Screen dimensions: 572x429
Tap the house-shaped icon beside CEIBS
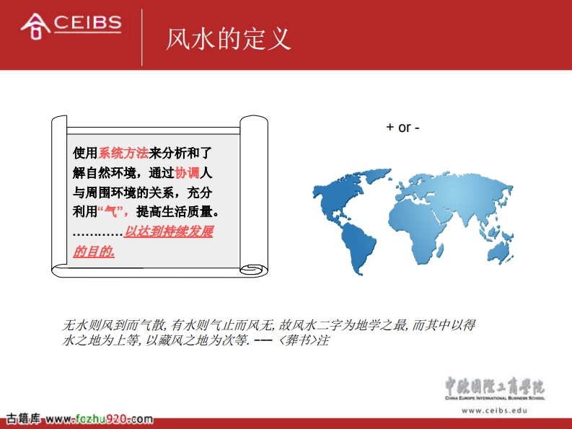coord(35,26)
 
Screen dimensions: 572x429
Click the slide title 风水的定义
coord(229,39)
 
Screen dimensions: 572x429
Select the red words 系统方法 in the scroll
coord(123,153)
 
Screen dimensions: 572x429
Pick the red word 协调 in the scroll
coord(187,172)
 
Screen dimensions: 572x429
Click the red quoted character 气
coord(110,211)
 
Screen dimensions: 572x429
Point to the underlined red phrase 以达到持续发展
coord(169,231)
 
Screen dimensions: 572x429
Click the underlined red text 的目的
coord(94,251)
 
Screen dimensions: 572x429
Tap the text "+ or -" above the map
coord(402,128)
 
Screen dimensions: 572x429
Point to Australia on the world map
coord(499,251)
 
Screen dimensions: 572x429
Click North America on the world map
coord(343,193)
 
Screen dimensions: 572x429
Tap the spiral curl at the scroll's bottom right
coord(252,270)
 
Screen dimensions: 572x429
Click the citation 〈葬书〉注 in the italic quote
coord(304,340)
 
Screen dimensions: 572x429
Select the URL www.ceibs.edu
coord(494,410)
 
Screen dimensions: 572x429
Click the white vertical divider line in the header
coord(142,37)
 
